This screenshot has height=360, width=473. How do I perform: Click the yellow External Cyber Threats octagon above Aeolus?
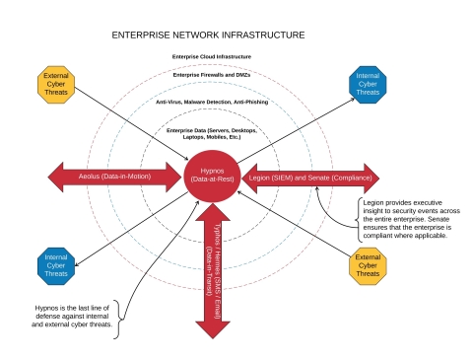(55, 85)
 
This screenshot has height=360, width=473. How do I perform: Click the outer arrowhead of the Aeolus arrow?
(55, 177)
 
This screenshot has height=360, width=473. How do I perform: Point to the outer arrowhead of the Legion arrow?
(370, 177)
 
